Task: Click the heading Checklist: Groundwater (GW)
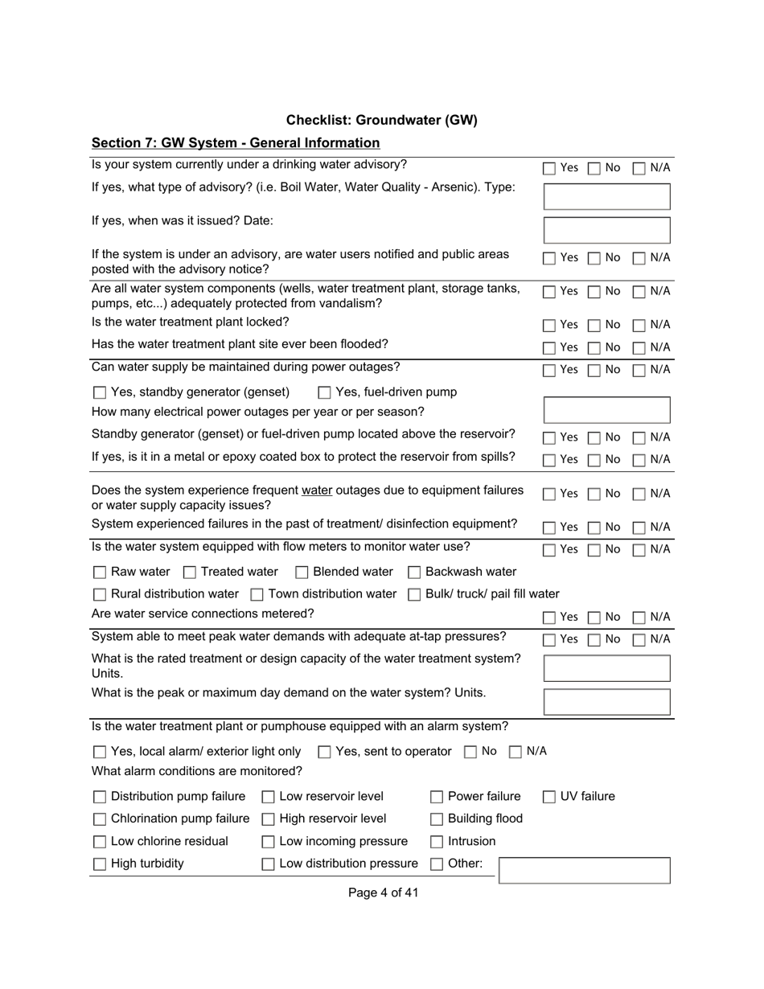coord(381,121)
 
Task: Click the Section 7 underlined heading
coord(235,143)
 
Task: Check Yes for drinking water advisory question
coord(549,169)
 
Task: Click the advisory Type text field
coord(606,196)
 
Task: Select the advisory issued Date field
coord(606,230)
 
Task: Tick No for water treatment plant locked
coord(594,326)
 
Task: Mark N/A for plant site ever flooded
coord(639,348)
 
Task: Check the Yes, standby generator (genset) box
coord(100,393)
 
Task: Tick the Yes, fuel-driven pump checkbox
coord(324,393)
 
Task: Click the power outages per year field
coord(606,410)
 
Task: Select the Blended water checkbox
coord(302,572)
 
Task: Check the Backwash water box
coord(414,572)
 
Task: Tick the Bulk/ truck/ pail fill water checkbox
coord(414,595)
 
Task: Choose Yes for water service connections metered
coord(549,618)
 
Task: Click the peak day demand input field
coord(606,702)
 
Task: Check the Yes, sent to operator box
coord(324,753)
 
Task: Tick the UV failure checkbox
coord(549,798)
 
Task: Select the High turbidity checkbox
coord(100,864)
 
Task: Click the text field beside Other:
coord(585,870)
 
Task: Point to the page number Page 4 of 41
coord(383,893)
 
